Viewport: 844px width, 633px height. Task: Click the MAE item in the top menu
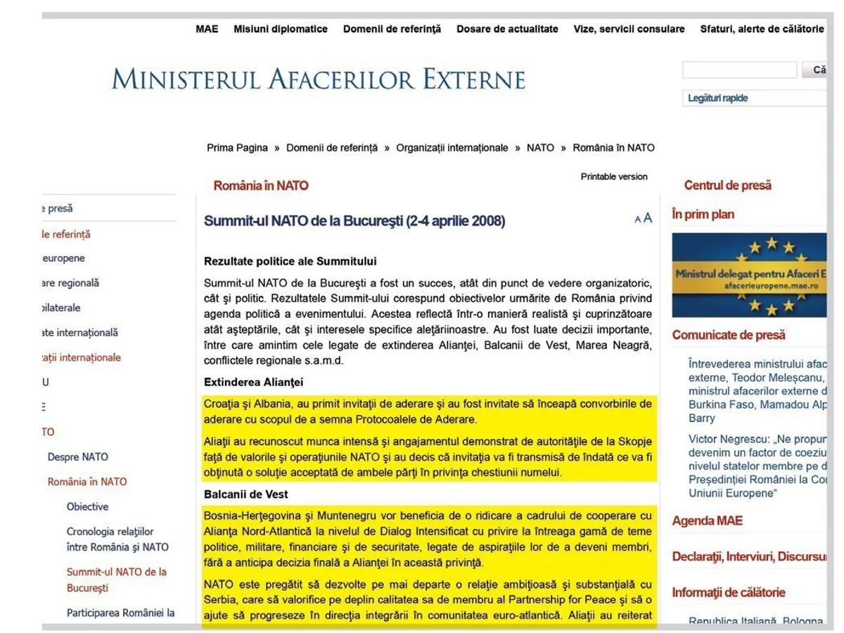coord(207,29)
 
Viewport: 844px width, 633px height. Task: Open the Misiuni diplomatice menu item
coord(281,29)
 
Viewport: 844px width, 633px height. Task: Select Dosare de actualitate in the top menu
coord(507,29)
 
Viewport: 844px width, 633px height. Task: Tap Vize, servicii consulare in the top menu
coord(629,29)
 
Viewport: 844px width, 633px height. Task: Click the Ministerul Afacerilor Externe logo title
coord(319,79)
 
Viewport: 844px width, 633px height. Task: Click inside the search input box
coord(739,70)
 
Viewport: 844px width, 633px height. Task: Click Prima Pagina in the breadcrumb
coord(237,148)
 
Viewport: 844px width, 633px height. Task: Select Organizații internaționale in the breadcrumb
coord(452,148)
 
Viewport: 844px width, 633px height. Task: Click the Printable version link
coord(614,177)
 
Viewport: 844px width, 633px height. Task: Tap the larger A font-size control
coord(648,218)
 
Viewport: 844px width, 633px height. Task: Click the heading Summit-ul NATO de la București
coord(354,221)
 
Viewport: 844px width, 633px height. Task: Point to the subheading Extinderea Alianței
coord(254,383)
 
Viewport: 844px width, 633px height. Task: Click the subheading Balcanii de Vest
coord(246,494)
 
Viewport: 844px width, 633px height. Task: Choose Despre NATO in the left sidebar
coord(78,457)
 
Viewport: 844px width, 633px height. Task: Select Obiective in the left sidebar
coord(88,506)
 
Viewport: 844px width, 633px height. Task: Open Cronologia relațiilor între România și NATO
coord(117,539)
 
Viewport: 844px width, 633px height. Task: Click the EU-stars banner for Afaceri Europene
coord(749,275)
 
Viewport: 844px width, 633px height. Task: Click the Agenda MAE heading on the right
coord(707,521)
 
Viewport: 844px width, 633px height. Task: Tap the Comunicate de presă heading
coord(729,335)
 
